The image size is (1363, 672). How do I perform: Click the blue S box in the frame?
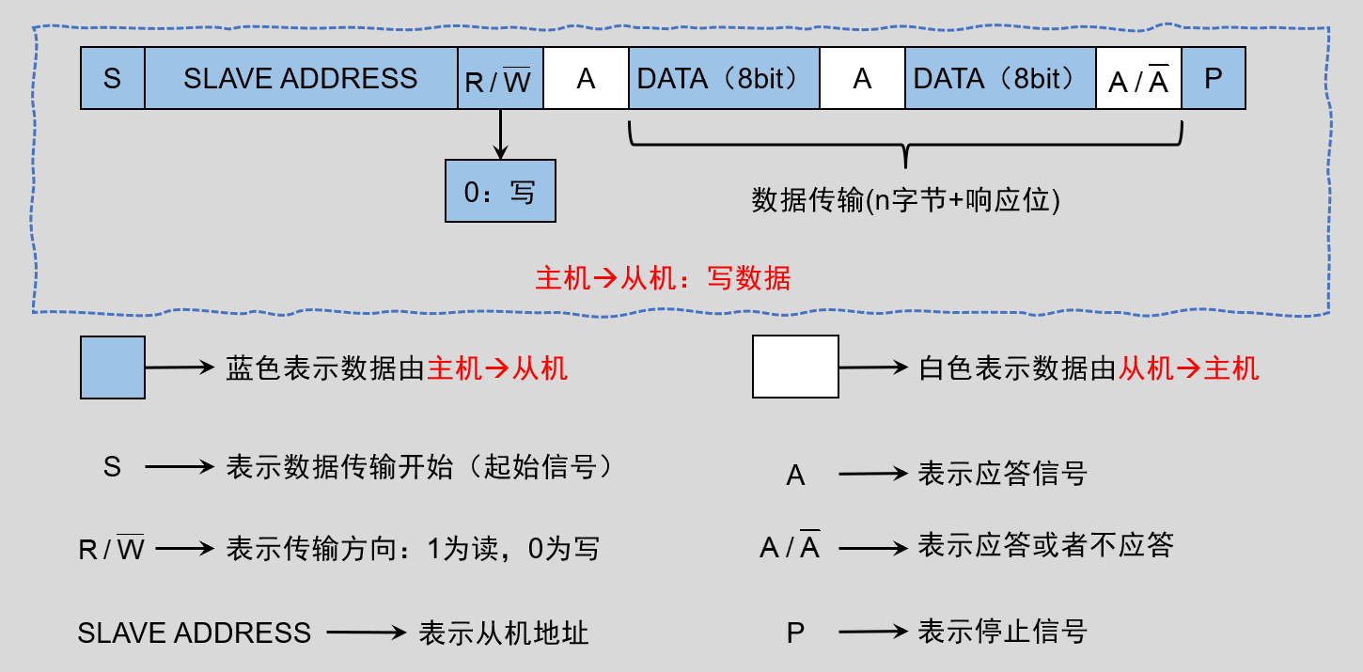(113, 78)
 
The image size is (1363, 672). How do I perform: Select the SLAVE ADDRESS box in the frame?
(301, 78)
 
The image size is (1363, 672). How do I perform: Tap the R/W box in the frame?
(500, 79)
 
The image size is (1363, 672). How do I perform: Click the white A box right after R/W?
(586, 79)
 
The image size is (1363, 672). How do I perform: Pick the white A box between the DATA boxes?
(862, 79)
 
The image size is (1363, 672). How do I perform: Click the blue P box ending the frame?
(1213, 78)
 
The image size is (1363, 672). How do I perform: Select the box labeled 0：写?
(500, 191)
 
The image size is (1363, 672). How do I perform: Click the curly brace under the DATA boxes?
(904, 146)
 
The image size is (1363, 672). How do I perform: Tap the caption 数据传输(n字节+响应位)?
(905, 200)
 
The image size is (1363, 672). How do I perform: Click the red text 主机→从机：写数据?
(664, 278)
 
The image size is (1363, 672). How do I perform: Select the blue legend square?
(113, 367)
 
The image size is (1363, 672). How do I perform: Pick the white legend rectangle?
(795, 367)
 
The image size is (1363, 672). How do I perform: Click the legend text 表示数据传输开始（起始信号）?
(420, 467)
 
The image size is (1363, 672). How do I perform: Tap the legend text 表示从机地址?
(504, 633)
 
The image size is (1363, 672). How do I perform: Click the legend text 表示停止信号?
(1002, 631)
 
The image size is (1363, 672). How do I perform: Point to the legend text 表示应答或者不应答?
(1045, 545)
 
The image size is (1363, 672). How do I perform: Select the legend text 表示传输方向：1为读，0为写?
(413, 549)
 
